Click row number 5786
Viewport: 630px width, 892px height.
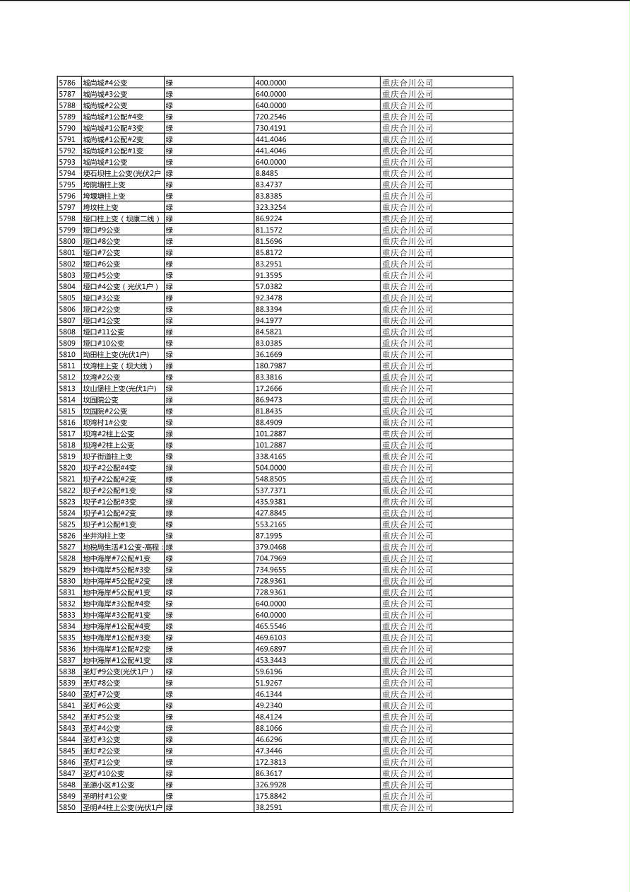pos(67,83)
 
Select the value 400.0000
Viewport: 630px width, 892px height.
pos(271,83)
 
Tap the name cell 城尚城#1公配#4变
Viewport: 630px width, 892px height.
pos(113,117)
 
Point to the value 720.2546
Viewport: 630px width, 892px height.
pos(271,117)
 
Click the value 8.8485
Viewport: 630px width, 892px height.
pos(266,173)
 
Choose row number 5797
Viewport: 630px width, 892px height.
pos(67,207)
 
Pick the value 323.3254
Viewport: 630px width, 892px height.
pos(271,207)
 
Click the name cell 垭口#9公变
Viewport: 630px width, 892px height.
pos(102,230)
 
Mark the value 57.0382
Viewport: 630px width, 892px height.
pos(268,286)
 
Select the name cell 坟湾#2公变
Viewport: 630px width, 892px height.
pos(102,377)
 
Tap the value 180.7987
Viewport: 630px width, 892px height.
pos(271,366)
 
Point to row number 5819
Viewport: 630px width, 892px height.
pos(67,457)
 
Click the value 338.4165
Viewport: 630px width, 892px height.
pos(271,457)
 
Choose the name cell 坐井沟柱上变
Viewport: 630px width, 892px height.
pos(104,536)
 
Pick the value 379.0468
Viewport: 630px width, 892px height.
pos(271,547)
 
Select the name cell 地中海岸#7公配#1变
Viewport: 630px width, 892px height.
pos(117,558)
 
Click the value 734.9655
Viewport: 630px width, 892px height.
pos(271,570)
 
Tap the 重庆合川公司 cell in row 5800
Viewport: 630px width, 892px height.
pos(408,241)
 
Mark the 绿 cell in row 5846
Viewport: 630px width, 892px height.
pos(170,762)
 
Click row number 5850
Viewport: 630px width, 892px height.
pos(67,807)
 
